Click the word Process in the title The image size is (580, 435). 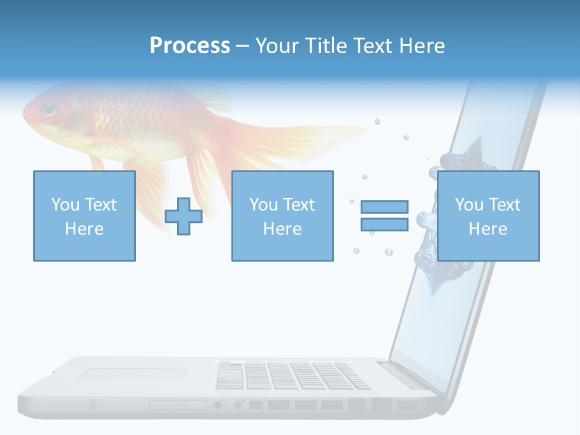click(x=190, y=46)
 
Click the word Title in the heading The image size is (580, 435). click(x=327, y=46)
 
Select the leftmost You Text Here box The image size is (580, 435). click(x=84, y=216)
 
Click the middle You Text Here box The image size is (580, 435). click(x=282, y=216)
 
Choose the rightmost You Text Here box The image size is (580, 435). click(x=488, y=216)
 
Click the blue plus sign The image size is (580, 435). click(x=184, y=216)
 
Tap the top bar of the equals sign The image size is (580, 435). click(x=384, y=207)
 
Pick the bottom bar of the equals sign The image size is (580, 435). click(x=384, y=225)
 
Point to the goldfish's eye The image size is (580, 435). click(x=48, y=110)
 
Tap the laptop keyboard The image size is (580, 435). click(x=293, y=375)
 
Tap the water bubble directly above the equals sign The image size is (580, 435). click(x=364, y=177)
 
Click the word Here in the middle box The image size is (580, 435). click(x=282, y=229)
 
